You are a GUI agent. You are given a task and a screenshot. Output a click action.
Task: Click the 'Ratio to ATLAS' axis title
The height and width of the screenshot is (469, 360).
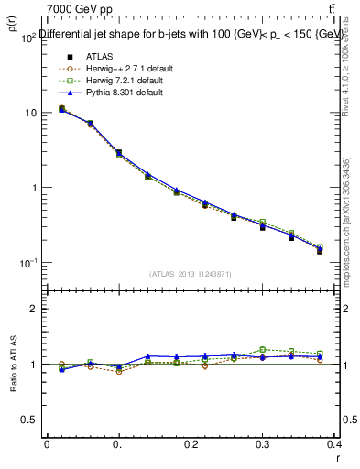click(x=14, y=364)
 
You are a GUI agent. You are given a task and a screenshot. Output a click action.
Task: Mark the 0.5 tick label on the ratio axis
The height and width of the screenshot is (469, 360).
click(x=29, y=420)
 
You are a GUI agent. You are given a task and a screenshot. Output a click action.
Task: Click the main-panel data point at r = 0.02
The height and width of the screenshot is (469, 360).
click(x=61, y=109)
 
